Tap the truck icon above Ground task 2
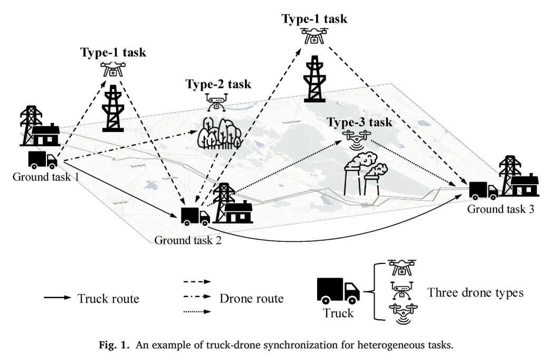click(x=195, y=215)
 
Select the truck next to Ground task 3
click(x=483, y=190)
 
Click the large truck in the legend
click(x=338, y=291)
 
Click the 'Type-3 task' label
click(x=359, y=122)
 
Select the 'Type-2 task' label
click(x=218, y=84)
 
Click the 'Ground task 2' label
click(x=188, y=240)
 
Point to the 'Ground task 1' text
click(x=46, y=176)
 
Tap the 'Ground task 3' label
click(x=501, y=209)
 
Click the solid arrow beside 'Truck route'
click(x=58, y=298)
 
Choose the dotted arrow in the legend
click(x=197, y=311)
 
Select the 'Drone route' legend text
click(x=251, y=298)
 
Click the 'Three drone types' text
click(x=475, y=293)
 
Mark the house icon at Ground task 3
click(x=525, y=184)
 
